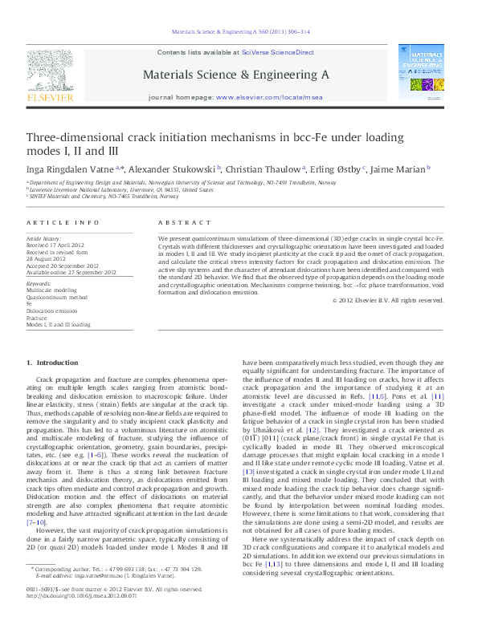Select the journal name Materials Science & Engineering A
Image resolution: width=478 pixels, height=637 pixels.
[235, 74]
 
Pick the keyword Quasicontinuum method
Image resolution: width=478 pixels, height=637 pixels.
[55, 298]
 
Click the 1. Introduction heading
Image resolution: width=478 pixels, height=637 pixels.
[53, 364]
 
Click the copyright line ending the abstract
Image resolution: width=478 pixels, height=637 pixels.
[388, 301]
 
